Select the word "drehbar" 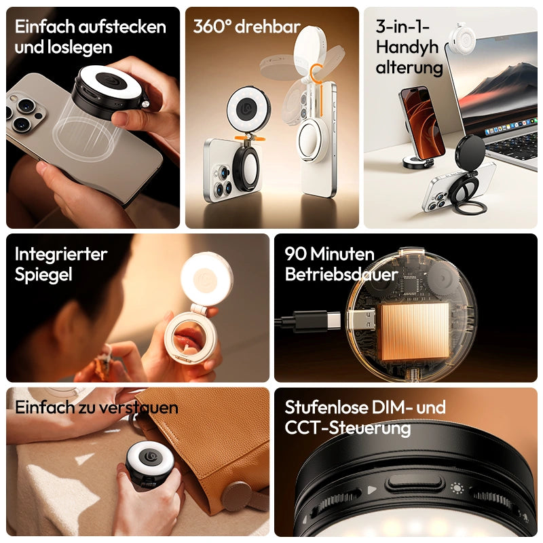(267, 26)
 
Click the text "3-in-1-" (402, 26)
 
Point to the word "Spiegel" (43, 275)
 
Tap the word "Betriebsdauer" (341, 275)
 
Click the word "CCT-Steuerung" (348, 428)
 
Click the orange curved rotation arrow (316, 74)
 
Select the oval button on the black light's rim (415, 483)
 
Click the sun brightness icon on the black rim (457, 488)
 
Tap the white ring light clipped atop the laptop (463, 36)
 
